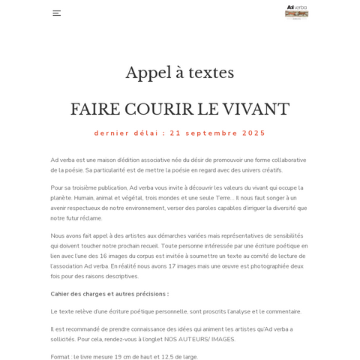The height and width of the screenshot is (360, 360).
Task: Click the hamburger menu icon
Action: [x=56, y=13]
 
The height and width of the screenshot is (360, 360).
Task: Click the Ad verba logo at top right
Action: [x=296, y=12]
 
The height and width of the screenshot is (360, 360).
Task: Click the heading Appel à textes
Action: [x=180, y=73]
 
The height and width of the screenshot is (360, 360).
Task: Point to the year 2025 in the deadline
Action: [x=253, y=133]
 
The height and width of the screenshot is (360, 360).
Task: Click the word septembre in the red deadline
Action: [x=212, y=133]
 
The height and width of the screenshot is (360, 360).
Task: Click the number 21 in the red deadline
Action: [x=175, y=133]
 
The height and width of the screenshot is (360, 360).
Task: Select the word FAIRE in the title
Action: [x=94, y=109]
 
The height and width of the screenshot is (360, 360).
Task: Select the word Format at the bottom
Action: [x=61, y=357]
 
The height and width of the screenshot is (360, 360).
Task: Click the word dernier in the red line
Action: [x=110, y=133]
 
